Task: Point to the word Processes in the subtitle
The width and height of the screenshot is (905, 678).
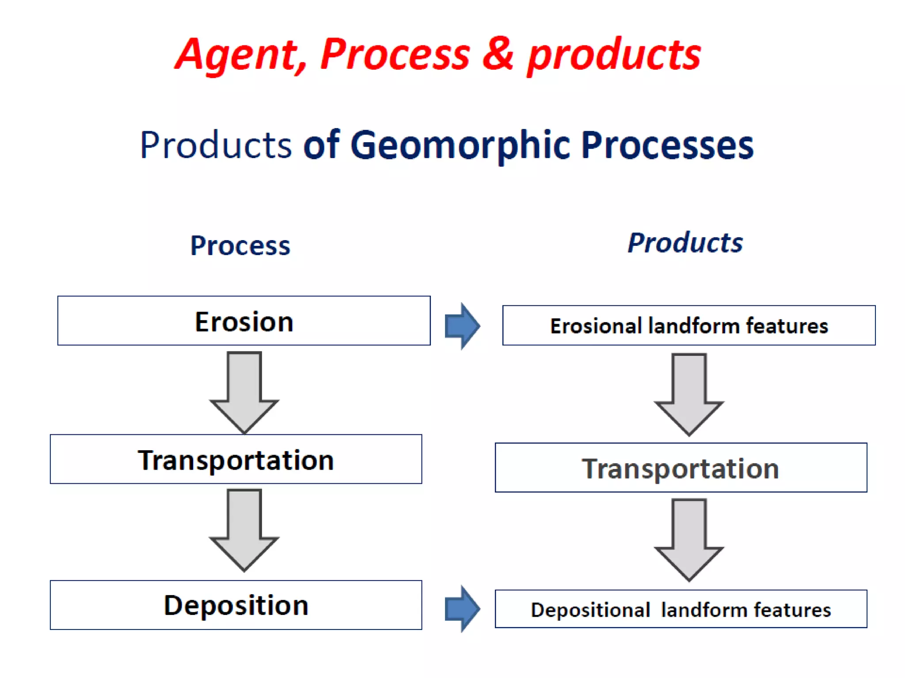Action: (667, 146)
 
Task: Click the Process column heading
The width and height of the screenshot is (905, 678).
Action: (240, 245)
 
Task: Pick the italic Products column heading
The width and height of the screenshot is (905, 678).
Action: (685, 243)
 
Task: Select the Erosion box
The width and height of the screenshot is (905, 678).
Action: (244, 321)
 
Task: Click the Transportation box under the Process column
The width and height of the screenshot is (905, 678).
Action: (236, 460)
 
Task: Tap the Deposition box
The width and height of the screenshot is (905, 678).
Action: (236, 605)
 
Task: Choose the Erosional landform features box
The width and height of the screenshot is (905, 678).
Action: (689, 326)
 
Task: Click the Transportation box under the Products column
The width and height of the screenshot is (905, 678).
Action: (681, 468)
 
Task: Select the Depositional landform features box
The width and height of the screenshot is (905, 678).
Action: (681, 610)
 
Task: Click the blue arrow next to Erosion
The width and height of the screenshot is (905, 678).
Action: (462, 326)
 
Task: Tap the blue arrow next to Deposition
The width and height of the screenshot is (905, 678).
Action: (462, 609)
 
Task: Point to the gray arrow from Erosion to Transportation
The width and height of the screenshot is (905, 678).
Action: (244, 391)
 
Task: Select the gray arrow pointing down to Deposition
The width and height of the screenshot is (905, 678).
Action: (244, 528)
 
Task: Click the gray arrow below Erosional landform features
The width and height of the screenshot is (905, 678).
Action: (689, 393)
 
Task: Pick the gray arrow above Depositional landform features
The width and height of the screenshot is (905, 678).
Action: (689, 539)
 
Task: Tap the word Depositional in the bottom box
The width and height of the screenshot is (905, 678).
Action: (590, 610)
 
